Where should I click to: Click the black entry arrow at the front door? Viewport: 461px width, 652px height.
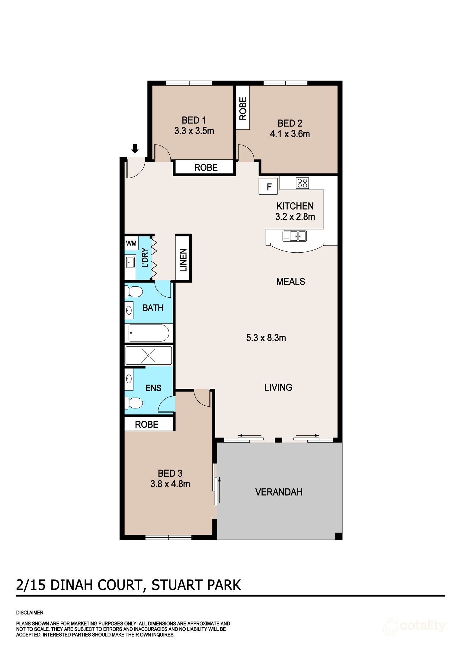(135, 149)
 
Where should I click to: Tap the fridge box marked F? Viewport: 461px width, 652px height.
(269, 187)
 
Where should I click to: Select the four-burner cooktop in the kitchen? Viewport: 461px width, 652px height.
(302, 183)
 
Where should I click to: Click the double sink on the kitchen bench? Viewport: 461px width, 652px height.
(294, 236)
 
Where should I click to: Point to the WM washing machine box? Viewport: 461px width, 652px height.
(131, 243)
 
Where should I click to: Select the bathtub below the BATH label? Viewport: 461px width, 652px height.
(149, 333)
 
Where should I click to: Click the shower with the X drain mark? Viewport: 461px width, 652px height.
(149, 356)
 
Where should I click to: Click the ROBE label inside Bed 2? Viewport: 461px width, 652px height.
(243, 108)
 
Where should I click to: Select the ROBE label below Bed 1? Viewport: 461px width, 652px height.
(206, 168)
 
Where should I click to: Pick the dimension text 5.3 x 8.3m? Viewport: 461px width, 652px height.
(266, 338)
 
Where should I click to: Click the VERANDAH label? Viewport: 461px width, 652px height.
(279, 492)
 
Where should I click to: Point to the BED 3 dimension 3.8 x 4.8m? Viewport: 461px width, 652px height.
(170, 484)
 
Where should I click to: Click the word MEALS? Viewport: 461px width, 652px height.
(290, 282)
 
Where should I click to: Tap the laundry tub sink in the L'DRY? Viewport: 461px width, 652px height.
(130, 262)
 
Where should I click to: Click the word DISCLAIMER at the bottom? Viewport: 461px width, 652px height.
(30, 612)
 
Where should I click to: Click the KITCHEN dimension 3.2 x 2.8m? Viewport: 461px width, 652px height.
(295, 217)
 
